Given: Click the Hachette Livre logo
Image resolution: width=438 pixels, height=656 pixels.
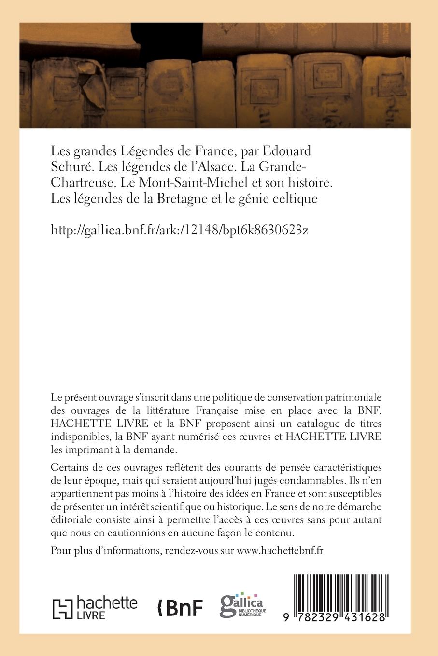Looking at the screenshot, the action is point(95,607).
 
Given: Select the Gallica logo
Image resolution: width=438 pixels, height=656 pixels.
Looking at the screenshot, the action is point(242,605).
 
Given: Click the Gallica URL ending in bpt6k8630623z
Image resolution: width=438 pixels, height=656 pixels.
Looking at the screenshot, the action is point(179,231).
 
